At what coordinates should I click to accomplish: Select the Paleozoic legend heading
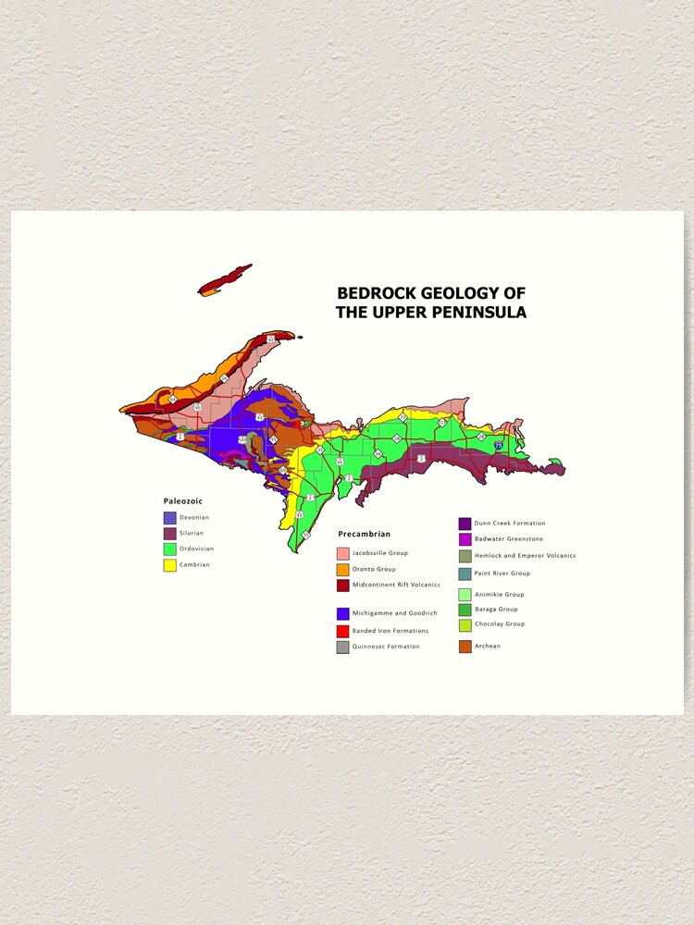183,500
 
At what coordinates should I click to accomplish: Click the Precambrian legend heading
364,534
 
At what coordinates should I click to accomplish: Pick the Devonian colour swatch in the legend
170,518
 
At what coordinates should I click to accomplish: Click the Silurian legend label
192,534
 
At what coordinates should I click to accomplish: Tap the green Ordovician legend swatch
170,549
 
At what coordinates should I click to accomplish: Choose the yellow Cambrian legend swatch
170,564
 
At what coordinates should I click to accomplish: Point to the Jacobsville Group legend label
379,553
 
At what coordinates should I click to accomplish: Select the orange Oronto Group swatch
343,569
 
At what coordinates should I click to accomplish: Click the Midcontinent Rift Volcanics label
395,585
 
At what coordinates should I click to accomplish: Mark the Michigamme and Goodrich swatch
343,613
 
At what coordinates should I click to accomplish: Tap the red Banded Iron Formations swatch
343,631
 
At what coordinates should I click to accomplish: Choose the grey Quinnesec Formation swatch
343,647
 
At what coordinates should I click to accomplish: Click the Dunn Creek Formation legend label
509,524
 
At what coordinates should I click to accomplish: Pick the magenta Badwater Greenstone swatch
465,538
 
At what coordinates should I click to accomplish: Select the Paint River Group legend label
502,573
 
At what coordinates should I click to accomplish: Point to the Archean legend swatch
465,646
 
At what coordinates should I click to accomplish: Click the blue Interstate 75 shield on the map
499,446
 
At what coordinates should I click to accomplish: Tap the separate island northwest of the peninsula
225,279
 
